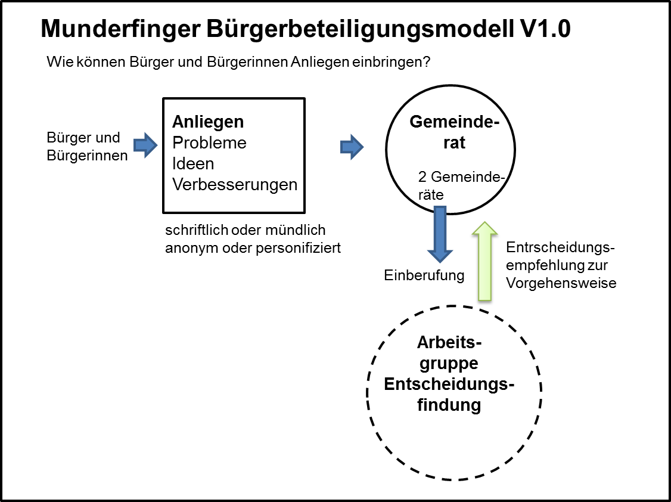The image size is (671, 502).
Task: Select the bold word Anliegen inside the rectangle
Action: point(208,122)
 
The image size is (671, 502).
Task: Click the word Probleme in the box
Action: point(209,143)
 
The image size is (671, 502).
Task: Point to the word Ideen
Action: point(192,163)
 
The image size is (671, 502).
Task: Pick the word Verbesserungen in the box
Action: point(235,184)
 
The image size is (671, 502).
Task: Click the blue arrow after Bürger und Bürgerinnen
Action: point(145,145)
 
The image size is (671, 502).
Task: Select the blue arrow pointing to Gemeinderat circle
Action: point(352,147)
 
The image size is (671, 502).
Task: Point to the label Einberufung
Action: point(424,275)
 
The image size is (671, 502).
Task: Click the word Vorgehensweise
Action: point(561,283)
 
